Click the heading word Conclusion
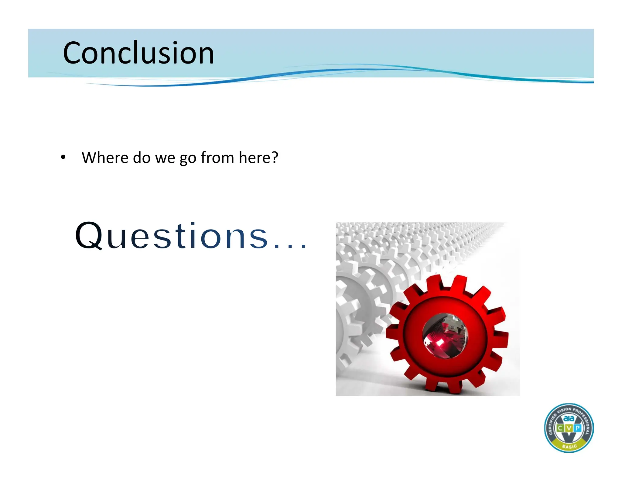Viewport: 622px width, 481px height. click(138, 53)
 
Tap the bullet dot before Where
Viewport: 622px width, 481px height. click(63, 157)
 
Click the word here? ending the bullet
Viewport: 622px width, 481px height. click(258, 157)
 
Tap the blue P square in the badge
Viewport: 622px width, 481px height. click(578, 428)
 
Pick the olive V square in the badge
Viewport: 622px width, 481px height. click(569, 428)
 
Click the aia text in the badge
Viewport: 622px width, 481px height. click(569, 418)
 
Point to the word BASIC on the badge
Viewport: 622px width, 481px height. click(569, 446)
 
